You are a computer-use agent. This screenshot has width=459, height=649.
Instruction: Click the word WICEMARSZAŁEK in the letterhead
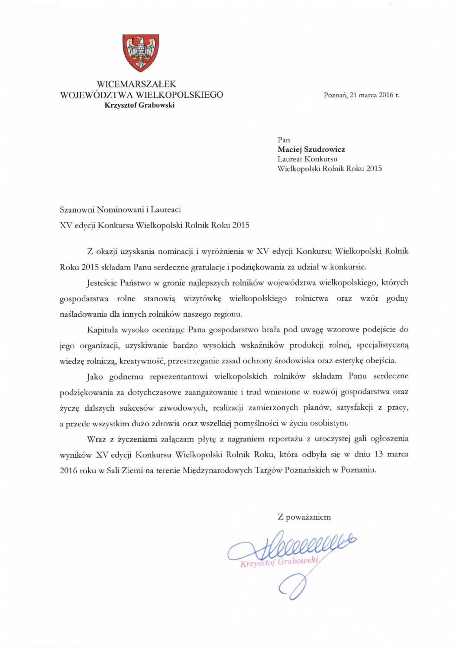pos(136,84)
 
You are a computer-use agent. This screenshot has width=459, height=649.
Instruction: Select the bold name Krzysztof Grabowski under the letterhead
pos(139,105)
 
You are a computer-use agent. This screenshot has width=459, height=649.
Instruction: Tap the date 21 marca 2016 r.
pos(375,95)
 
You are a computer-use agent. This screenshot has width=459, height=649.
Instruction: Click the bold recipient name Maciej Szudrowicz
pos(311,149)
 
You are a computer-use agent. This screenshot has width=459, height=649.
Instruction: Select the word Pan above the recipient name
pos(284,140)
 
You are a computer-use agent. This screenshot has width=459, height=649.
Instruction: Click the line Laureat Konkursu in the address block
pos(307,159)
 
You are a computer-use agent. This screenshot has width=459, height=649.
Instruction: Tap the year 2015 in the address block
pos(374,168)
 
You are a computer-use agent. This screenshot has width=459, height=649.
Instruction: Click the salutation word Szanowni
pos(77,210)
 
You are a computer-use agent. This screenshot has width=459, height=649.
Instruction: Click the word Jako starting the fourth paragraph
pos(95,376)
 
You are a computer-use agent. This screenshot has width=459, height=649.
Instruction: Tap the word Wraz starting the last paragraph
pos(96,439)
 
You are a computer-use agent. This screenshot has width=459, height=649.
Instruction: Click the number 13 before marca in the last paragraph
pos(379,454)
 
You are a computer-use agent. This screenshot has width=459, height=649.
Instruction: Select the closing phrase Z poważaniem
pos(304,517)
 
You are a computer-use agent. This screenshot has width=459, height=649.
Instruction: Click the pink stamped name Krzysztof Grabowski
pos(279,562)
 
